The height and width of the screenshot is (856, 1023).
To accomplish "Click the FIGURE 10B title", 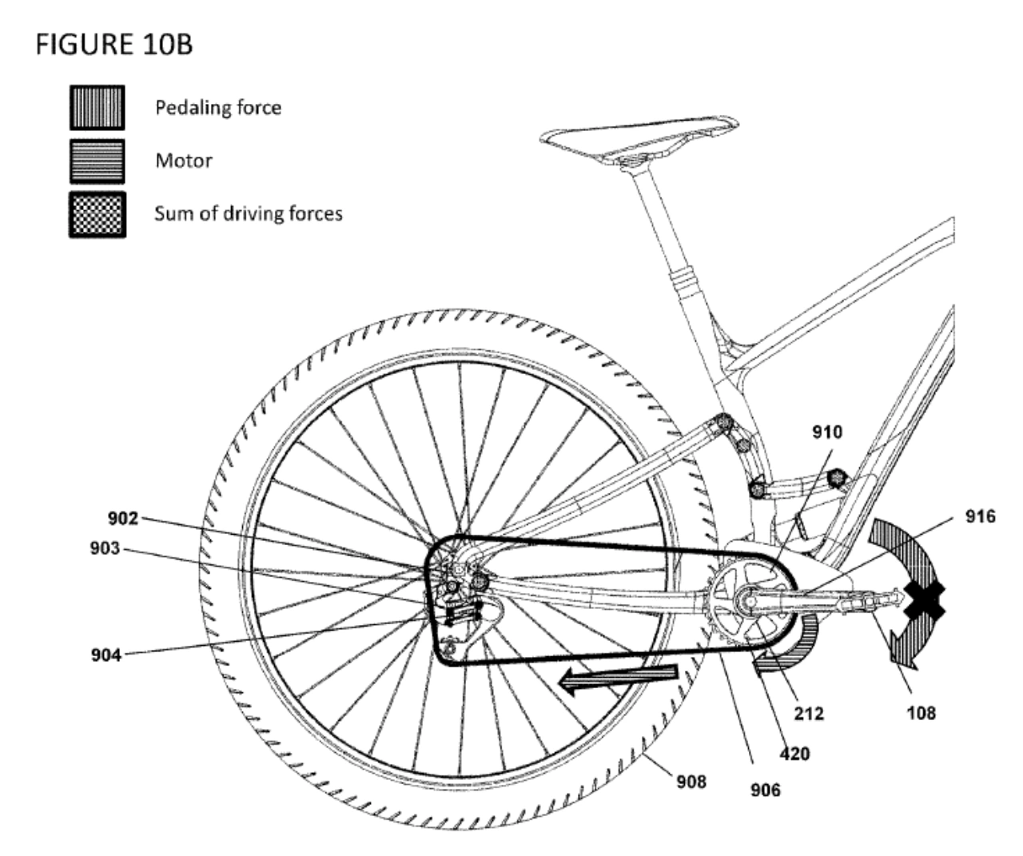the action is click(x=114, y=44).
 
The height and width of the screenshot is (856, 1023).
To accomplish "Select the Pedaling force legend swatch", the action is click(x=97, y=108).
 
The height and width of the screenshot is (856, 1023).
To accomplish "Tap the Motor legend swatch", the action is click(x=97, y=161).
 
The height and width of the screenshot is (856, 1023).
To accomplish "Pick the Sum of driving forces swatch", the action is click(x=97, y=215).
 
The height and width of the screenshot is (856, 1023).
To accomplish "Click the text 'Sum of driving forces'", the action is click(x=249, y=213).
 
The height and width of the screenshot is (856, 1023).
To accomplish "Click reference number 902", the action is click(x=123, y=519).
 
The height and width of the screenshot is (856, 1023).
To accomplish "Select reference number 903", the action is click(x=105, y=548).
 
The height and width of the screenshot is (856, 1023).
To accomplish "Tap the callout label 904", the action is click(x=106, y=655).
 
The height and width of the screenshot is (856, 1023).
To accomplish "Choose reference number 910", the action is click(x=827, y=432).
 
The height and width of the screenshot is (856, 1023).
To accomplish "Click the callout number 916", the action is click(x=981, y=516).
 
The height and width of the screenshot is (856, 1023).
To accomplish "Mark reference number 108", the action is click(x=921, y=714).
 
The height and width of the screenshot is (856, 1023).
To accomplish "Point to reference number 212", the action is click(x=809, y=714).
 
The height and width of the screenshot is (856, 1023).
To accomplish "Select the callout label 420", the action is click(x=794, y=754).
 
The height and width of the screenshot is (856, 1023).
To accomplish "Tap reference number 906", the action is click(x=766, y=790).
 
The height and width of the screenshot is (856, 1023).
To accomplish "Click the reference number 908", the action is click(x=691, y=782).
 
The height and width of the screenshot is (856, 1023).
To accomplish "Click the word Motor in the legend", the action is click(x=184, y=161).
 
